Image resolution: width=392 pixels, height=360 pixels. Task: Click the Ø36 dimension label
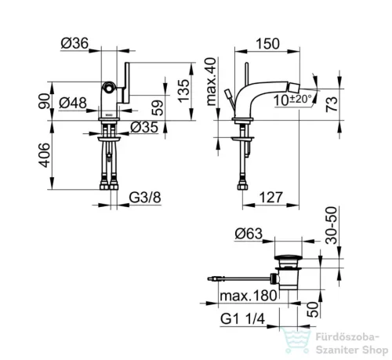[x=74, y=43]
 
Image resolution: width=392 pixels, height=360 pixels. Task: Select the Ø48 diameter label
[x=73, y=103]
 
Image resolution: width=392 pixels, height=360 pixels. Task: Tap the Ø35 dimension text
[x=144, y=127]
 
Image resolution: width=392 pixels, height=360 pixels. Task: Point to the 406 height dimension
[x=44, y=155]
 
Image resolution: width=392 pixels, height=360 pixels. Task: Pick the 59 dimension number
[x=158, y=108]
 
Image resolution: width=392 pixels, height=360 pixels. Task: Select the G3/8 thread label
[x=145, y=198]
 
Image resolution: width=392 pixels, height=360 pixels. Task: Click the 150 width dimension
[x=267, y=44]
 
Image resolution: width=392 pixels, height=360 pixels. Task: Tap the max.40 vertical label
[x=212, y=82]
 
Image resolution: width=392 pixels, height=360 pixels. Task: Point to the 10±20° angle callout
[x=292, y=100]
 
